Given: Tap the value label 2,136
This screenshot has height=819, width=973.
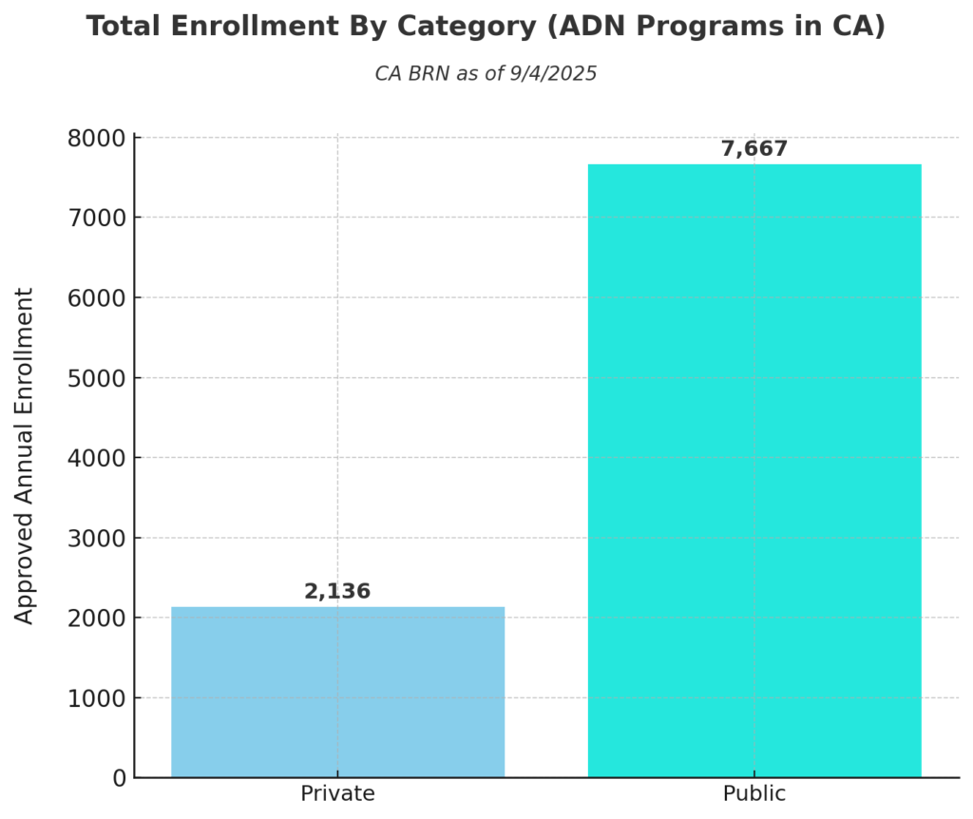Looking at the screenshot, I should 337,592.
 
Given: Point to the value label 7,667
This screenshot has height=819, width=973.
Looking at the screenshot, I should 754,149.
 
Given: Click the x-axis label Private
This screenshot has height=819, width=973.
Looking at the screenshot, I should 337,794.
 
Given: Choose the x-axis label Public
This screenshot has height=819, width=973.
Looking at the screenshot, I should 754,794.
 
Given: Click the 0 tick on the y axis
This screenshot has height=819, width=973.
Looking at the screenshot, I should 119,778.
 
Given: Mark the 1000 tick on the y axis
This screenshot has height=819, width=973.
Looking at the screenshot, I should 97,698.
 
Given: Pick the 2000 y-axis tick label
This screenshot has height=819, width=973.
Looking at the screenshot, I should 97,619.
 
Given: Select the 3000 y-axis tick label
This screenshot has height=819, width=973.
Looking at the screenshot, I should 97,538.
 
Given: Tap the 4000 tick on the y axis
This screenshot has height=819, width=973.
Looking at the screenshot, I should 97,458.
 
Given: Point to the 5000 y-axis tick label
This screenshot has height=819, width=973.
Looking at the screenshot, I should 97,378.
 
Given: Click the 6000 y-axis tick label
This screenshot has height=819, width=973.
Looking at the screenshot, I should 97,298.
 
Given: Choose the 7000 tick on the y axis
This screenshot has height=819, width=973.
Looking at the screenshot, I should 97,218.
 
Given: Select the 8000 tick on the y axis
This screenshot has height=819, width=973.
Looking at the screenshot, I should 97,138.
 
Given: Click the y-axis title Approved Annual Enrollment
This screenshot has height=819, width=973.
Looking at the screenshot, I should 25,456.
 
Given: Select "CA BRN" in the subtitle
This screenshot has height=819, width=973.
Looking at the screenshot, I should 413,74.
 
